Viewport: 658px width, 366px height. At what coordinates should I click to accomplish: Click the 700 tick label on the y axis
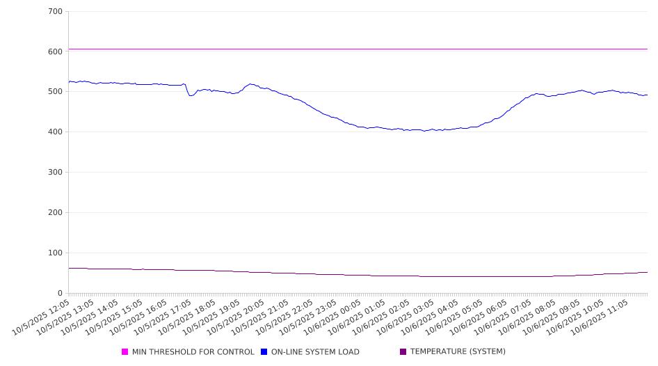pyautogui.click(x=55, y=12)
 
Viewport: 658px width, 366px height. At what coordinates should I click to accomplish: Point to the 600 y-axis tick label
pyautogui.click(x=55, y=51)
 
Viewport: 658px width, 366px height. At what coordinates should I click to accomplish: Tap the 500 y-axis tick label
pyautogui.click(x=55, y=92)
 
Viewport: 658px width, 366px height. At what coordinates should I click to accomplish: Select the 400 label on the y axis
pyautogui.click(x=55, y=132)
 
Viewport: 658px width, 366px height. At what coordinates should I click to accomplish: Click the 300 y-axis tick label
pyautogui.click(x=55, y=173)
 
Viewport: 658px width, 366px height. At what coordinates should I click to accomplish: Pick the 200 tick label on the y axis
pyautogui.click(x=55, y=213)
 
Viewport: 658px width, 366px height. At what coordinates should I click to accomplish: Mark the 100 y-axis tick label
pyautogui.click(x=55, y=253)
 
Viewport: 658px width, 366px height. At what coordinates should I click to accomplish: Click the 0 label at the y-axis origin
pyautogui.click(x=61, y=294)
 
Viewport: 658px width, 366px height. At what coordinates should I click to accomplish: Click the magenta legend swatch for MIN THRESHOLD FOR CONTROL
pyautogui.click(x=125, y=352)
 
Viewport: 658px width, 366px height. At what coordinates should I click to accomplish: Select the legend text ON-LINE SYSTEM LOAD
pyautogui.click(x=315, y=352)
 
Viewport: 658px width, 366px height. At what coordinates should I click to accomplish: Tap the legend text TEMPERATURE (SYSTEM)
pyautogui.click(x=458, y=352)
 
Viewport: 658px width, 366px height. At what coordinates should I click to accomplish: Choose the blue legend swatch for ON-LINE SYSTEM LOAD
pyautogui.click(x=264, y=352)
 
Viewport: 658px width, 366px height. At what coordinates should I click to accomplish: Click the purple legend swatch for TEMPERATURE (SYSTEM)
pyautogui.click(x=403, y=352)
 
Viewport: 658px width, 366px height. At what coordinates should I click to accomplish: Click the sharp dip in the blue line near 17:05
pyautogui.click(x=191, y=95)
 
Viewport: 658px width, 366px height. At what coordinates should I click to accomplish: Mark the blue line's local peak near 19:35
pyautogui.click(x=250, y=84)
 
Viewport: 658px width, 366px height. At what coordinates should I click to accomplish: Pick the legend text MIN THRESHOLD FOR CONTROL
pyautogui.click(x=193, y=352)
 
